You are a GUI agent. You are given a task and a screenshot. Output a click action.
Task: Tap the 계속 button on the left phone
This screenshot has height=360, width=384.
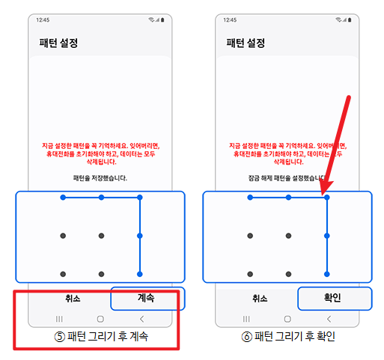[146, 298]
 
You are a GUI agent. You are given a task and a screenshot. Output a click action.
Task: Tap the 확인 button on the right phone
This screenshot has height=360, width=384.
[334, 298]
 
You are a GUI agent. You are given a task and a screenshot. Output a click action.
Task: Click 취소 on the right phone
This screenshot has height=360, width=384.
[259, 298]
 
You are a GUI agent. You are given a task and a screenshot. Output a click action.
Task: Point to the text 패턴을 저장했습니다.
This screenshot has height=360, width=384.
[100, 178]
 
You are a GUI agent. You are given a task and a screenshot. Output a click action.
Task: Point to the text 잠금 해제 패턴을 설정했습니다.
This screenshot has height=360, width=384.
[288, 178]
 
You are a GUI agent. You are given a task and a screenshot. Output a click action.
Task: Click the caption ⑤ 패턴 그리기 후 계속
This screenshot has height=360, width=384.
[100, 337]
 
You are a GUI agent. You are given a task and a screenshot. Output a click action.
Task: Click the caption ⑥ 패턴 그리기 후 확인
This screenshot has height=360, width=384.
[288, 337]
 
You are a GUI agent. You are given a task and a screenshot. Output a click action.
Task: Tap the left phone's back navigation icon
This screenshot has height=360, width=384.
[142, 319]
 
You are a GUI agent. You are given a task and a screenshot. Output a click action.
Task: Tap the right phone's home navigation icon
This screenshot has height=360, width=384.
[289, 319]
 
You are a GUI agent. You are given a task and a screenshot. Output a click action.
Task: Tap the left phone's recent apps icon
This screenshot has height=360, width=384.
[59, 319]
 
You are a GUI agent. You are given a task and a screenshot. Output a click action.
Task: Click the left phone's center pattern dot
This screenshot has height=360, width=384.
[101, 236]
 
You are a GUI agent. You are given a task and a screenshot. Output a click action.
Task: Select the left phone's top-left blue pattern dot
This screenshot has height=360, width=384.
[63, 198]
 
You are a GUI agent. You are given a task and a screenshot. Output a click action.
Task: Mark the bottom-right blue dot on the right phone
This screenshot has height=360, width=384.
[327, 274]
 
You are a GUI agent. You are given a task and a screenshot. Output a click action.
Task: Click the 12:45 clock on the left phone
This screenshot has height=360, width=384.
[43, 20]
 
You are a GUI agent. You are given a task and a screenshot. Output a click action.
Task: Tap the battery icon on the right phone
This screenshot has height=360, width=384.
[351, 20]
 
